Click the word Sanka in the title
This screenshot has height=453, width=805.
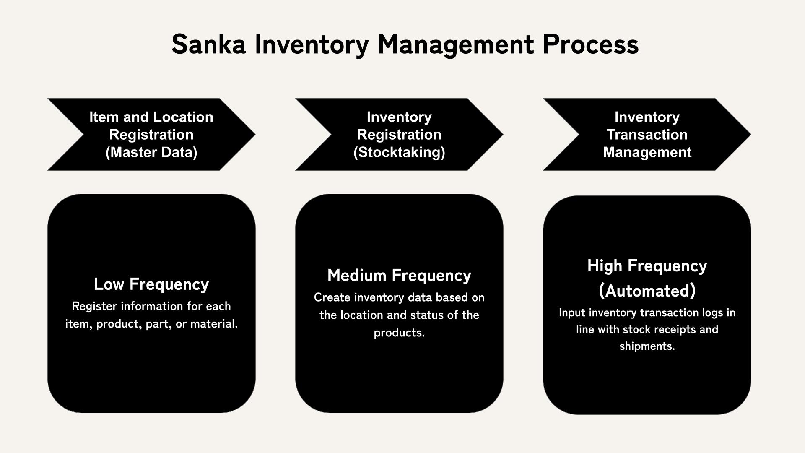pyautogui.click(x=208, y=44)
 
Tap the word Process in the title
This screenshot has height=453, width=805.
pyautogui.click(x=590, y=44)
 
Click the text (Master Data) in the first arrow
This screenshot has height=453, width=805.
pyautogui.click(x=151, y=152)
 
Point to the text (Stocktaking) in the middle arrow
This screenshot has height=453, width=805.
pyautogui.click(x=399, y=152)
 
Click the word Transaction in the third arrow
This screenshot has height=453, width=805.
pyautogui.click(x=647, y=135)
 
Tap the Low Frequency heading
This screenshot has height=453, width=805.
pyautogui.click(x=151, y=284)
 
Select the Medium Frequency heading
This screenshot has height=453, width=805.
pyautogui.click(x=399, y=276)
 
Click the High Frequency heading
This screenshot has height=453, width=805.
pyautogui.click(x=647, y=266)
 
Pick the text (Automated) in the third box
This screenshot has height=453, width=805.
pyautogui.click(x=647, y=291)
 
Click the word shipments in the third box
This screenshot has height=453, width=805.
pyautogui.click(x=647, y=346)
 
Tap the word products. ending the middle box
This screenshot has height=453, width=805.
pyautogui.click(x=399, y=333)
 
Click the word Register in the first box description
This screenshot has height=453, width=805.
pyautogui.click(x=94, y=306)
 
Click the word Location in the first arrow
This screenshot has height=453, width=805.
pyautogui.click(x=185, y=117)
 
